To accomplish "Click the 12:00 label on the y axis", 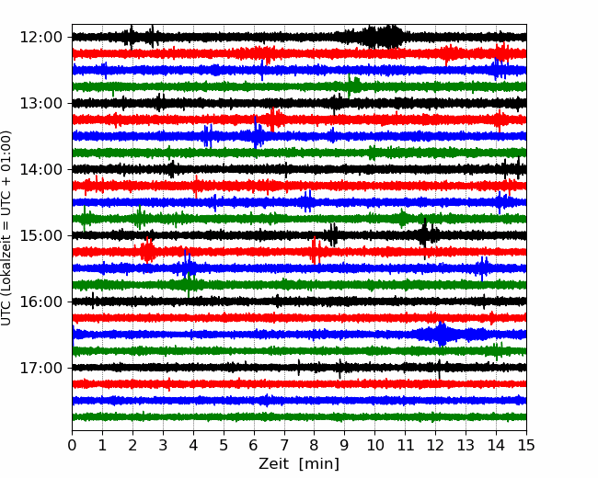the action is [40, 38].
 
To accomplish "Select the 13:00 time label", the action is [40, 103].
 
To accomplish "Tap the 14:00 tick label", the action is [40, 169].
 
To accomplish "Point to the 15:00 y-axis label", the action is [40, 235].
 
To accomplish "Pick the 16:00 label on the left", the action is [40, 302].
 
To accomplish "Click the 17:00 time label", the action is [40, 368].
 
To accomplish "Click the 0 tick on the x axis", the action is [72, 445].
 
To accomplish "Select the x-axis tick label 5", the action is [224, 445].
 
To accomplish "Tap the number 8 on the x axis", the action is [315, 445].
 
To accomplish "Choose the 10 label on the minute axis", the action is [374, 445].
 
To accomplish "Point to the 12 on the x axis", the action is [435, 445].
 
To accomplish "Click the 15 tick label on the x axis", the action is [526, 445].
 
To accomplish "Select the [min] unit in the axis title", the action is [319, 464].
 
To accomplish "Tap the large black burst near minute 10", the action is [383, 37].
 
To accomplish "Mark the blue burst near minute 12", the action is [442, 335].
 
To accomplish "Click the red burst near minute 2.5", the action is [147, 251].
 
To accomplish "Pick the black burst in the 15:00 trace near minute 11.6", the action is [426, 234].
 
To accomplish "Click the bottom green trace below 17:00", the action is [299, 417].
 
